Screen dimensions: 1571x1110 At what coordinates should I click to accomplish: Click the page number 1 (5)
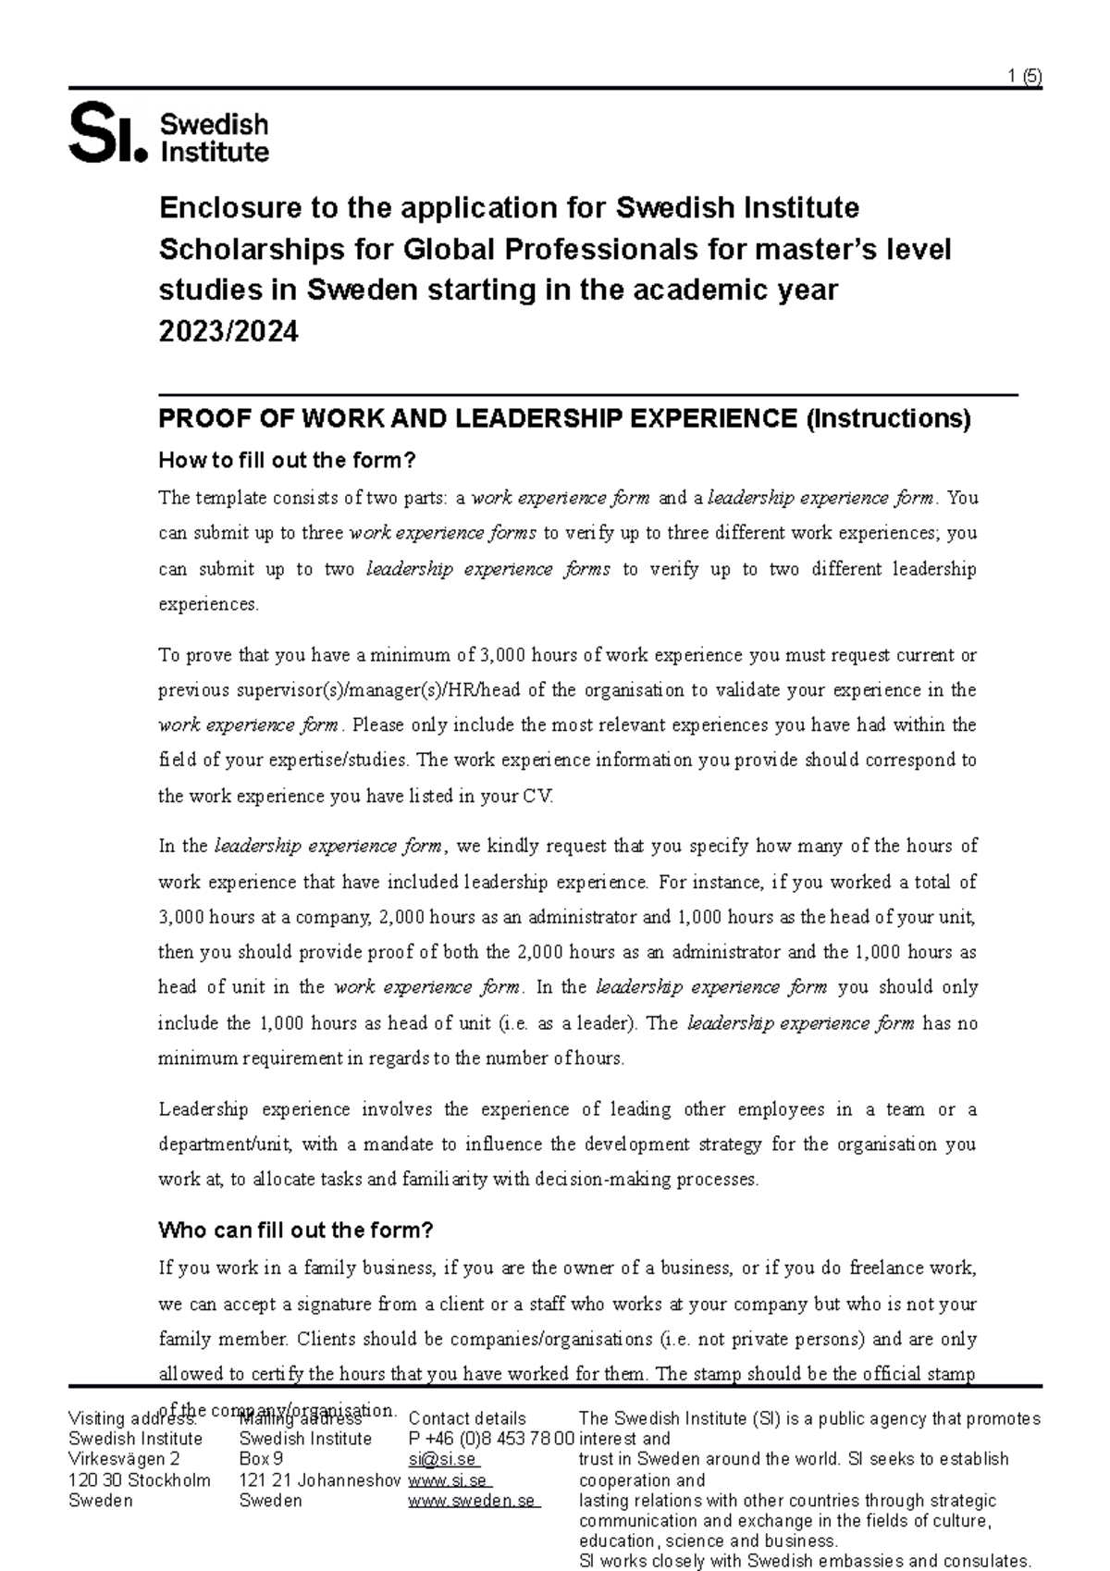[1025, 78]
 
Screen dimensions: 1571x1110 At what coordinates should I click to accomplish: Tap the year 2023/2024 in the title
[228, 331]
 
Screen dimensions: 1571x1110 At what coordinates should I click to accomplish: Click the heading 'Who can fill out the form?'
[296, 1230]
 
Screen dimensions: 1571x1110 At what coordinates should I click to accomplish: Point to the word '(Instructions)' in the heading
[888, 419]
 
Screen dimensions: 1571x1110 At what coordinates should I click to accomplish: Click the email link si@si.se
[441, 1459]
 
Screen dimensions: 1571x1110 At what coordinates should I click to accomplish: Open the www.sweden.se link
[472, 1500]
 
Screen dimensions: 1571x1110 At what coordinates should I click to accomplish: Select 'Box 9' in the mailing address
[261, 1459]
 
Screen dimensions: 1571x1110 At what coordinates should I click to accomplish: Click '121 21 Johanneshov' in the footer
[319, 1479]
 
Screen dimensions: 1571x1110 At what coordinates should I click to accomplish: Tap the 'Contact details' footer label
[467, 1418]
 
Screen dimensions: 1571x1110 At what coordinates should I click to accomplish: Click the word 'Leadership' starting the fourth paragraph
[203, 1108]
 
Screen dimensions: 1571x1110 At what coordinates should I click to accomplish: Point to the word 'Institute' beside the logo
[215, 151]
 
